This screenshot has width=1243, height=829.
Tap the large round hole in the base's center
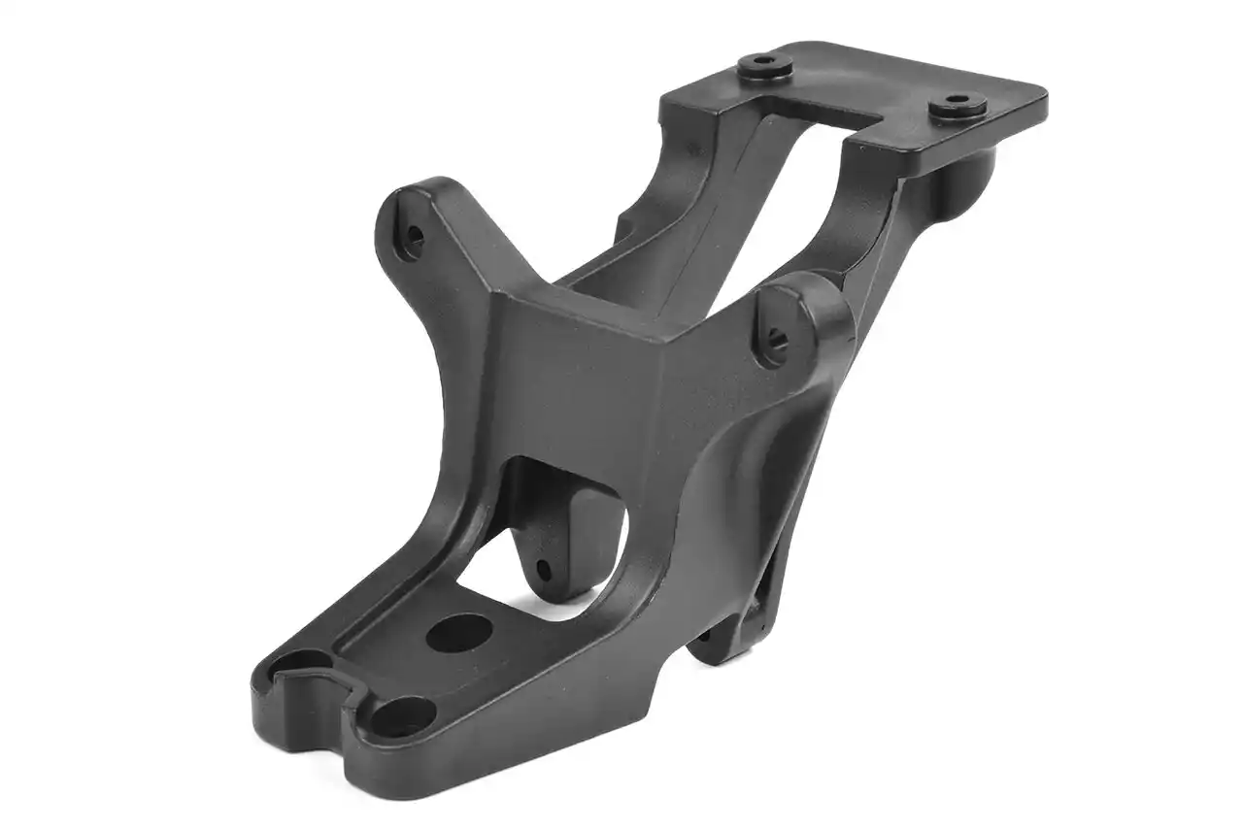pos(459,633)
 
